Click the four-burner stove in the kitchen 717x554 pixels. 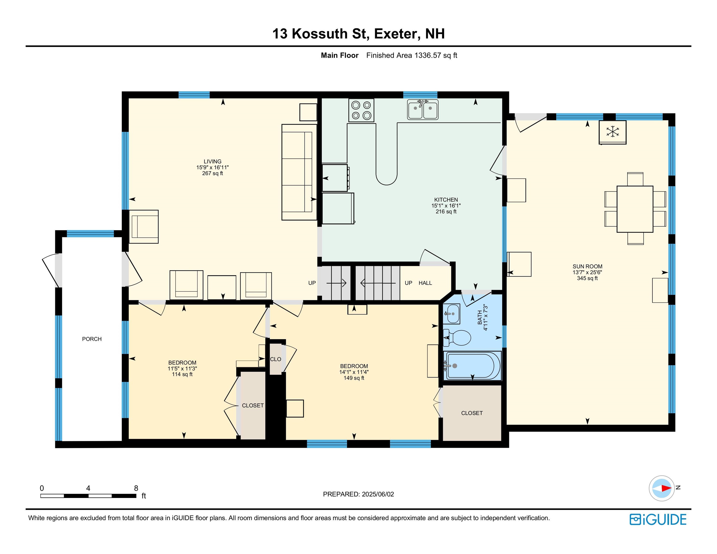click(x=361, y=110)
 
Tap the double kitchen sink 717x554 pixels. click(x=423, y=110)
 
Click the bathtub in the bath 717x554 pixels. click(x=472, y=366)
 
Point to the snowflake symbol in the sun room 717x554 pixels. click(x=613, y=132)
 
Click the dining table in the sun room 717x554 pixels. click(x=635, y=209)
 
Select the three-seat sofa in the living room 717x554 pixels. click(x=299, y=172)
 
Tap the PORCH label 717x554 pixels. click(x=92, y=339)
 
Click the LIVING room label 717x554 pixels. click(x=212, y=162)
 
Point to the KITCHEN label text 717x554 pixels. click(x=446, y=200)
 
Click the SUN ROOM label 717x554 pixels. click(x=587, y=266)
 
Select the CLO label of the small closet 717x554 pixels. click(x=275, y=359)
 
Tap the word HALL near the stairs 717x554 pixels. click(x=425, y=283)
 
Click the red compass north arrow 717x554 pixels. click(x=666, y=488)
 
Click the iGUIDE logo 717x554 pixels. click(x=658, y=520)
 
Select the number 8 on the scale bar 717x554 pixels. click(x=136, y=488)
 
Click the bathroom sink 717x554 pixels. click(x=451, y=314)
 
